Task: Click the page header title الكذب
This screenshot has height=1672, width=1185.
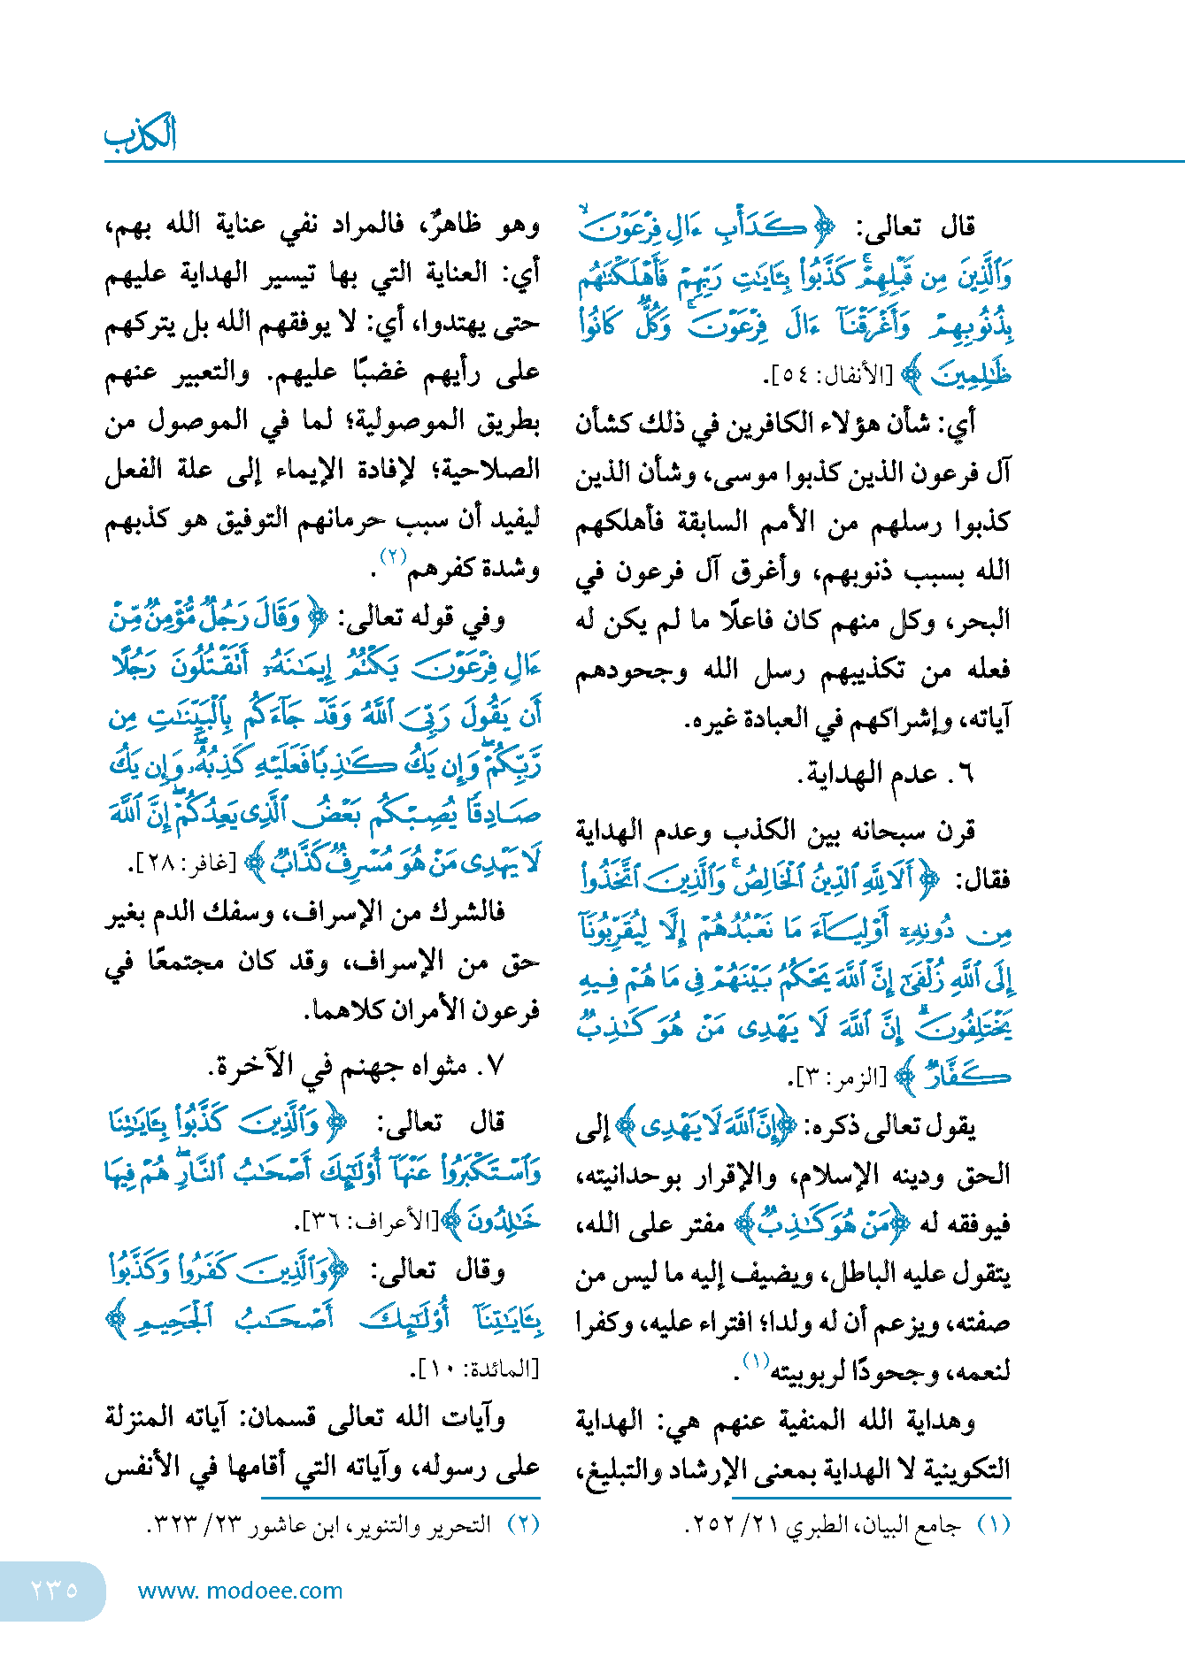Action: click(x=141, y=134)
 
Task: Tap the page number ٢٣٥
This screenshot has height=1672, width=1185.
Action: click(x=54, y=1590)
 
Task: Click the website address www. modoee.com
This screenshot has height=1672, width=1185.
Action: click(x=240, y=1591)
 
